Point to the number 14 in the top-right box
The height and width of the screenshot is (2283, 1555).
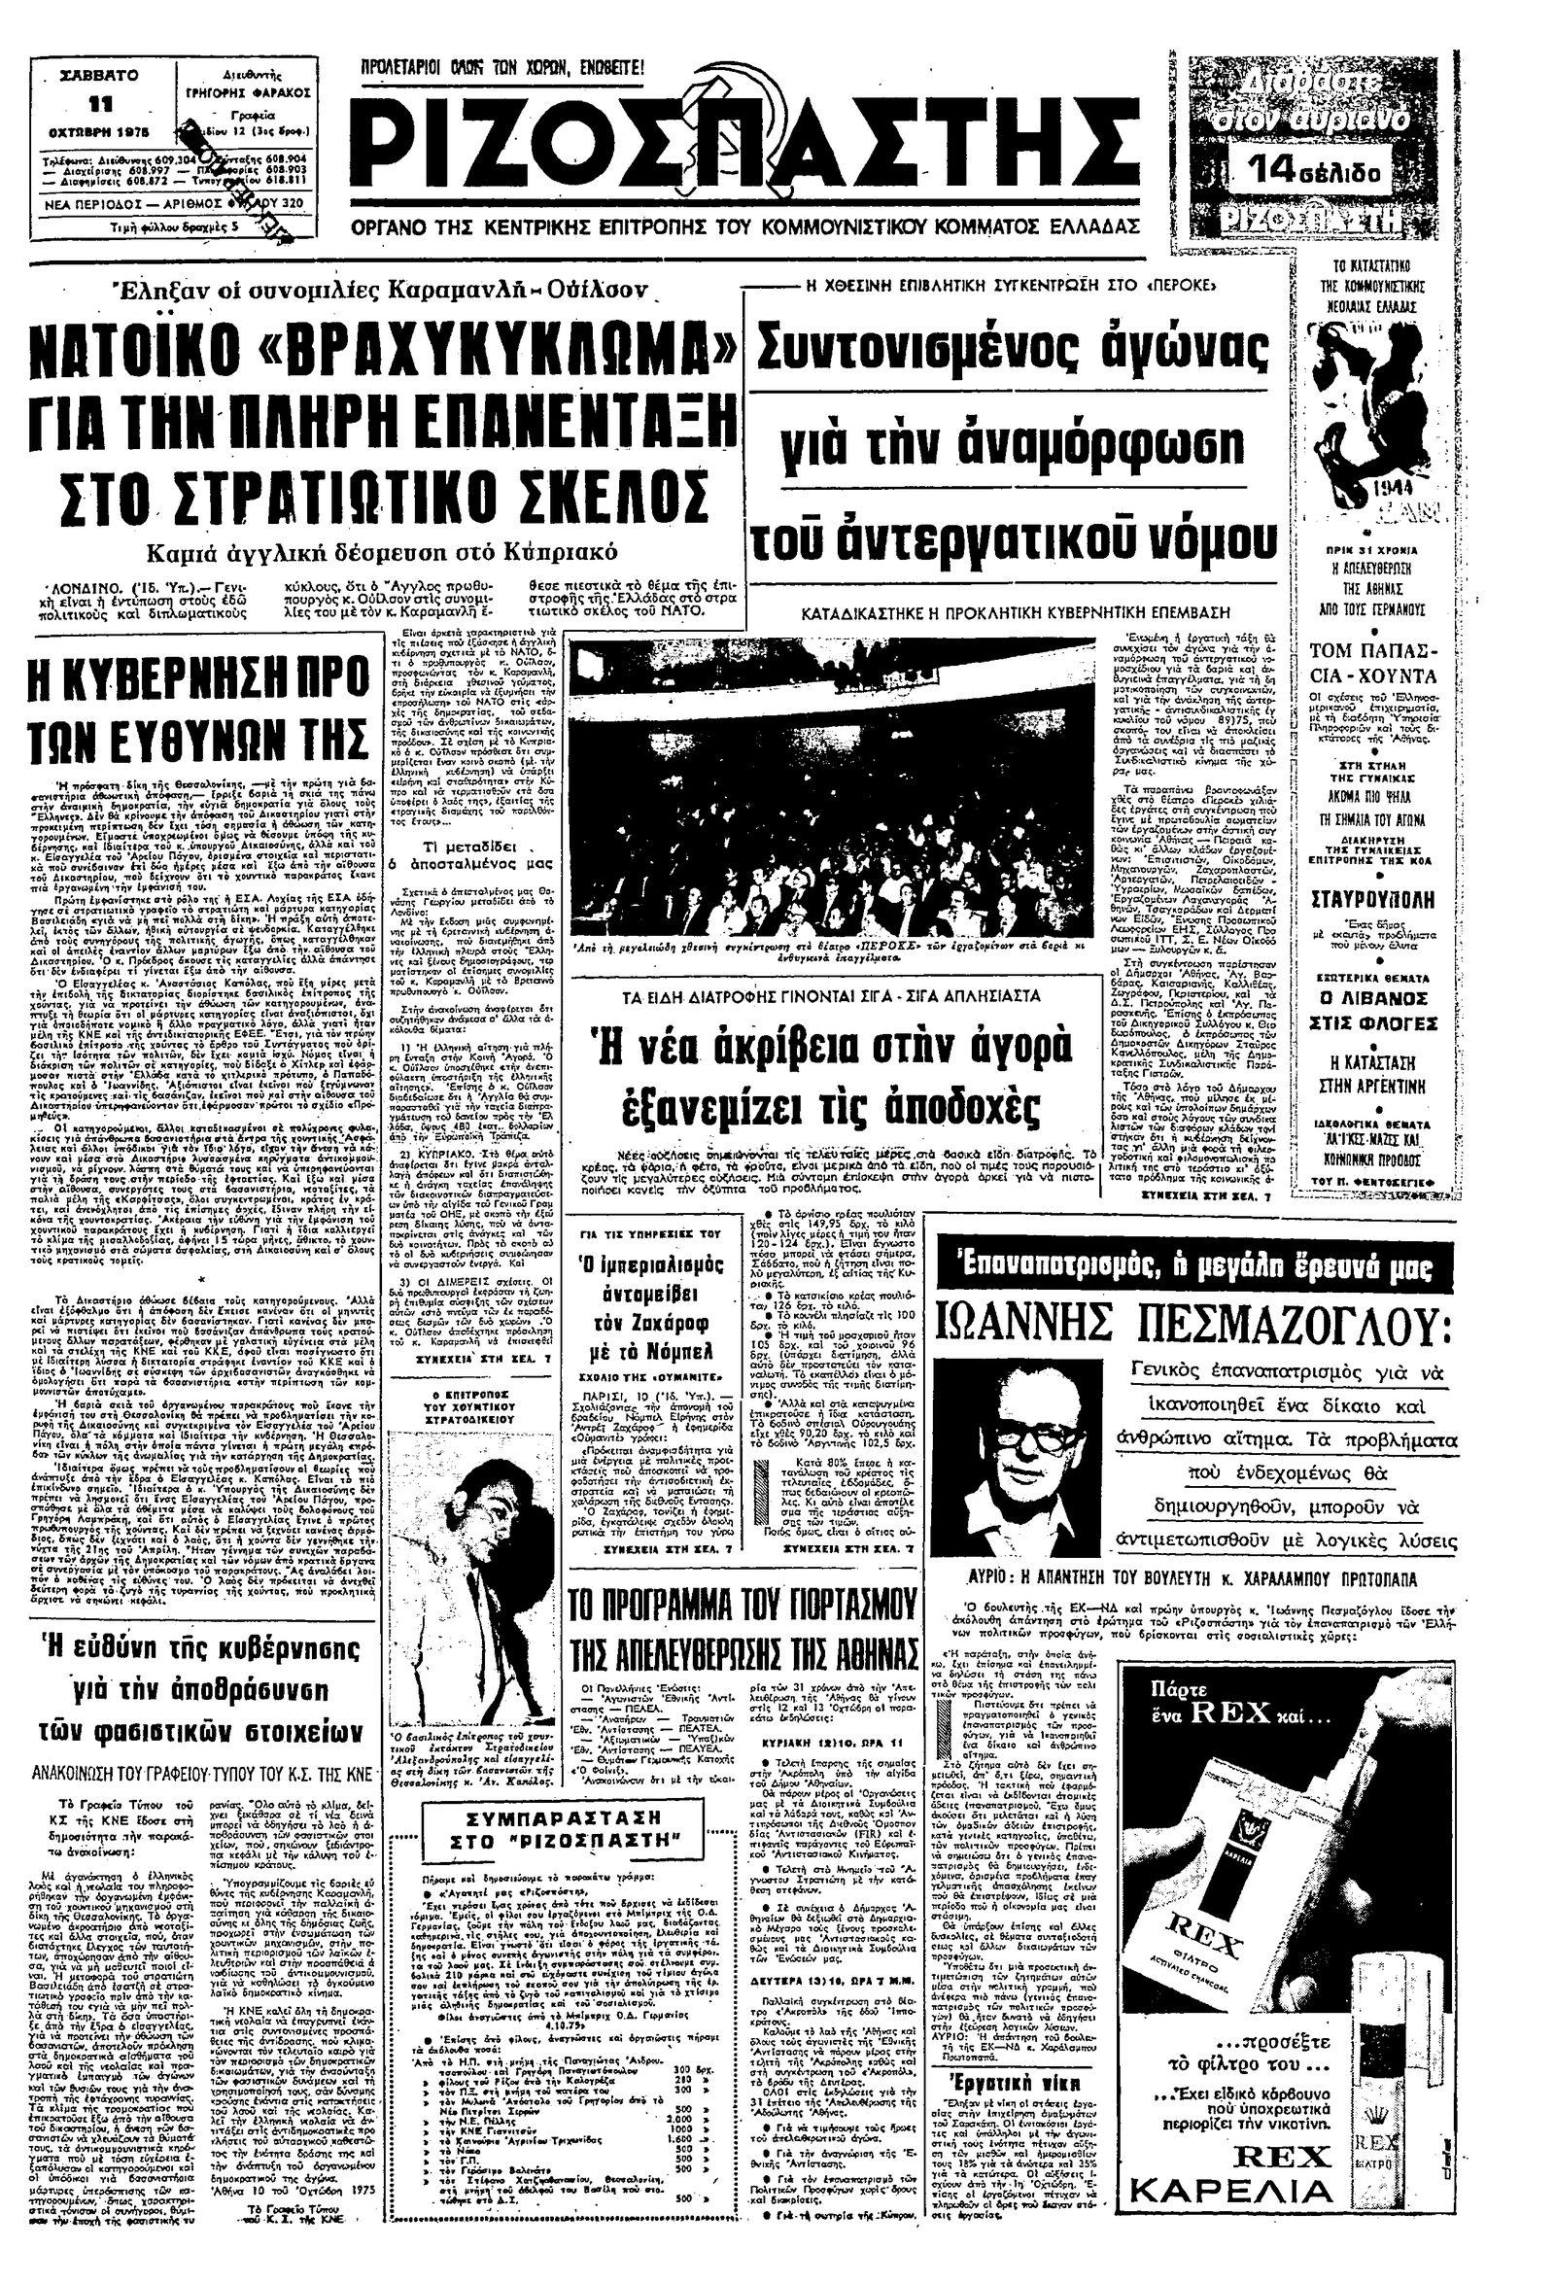click(x=1280, y=172)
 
